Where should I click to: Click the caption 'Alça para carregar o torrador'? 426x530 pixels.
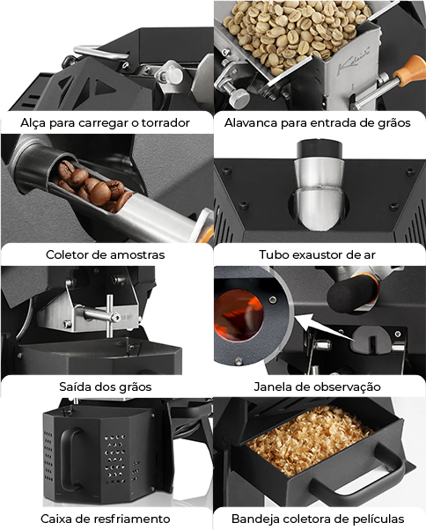point(105,122)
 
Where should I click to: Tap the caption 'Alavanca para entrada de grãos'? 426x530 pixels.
point(318,122)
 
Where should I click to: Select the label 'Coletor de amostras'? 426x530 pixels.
point(106,254)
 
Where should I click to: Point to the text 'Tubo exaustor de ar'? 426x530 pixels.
point(317,254)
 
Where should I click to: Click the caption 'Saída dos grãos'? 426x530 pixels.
point(106,386)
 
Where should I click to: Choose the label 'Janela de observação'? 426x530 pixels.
point(317,386)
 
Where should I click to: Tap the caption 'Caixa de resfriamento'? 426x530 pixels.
point(106,519)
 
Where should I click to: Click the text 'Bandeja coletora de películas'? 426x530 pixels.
point(318,519)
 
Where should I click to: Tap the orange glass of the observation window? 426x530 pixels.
point(239,315)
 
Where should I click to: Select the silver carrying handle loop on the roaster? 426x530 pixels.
point(100,53)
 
